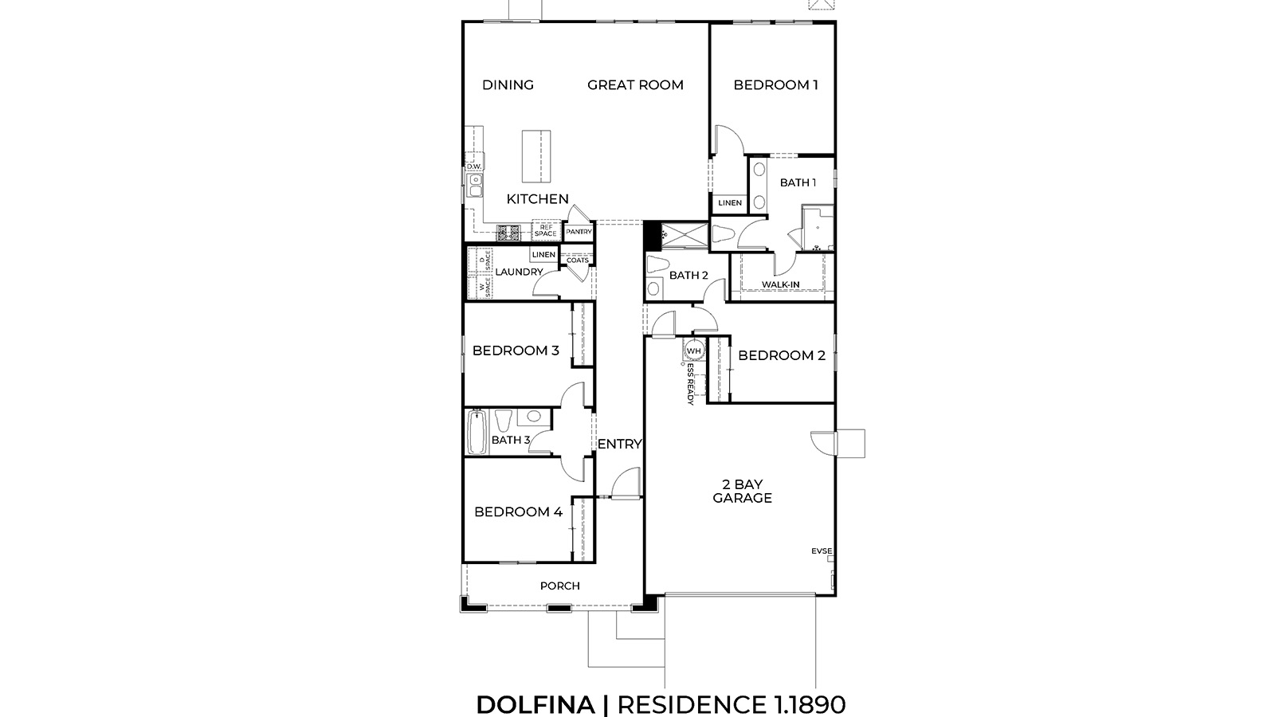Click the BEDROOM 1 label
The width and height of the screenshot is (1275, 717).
(x=775, y=85)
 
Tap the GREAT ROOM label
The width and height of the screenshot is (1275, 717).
(x=635, y=85)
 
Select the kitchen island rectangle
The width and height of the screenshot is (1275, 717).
(x=535, y=156)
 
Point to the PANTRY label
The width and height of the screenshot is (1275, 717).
(x=579, y=232)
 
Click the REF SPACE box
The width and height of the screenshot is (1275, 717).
(x=546, y=231)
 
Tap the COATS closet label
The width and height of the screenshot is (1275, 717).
(x=577, y=261)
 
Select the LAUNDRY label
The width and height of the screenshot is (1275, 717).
(x=519, y=272)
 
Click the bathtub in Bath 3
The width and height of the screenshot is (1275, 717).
(x=477, y=431)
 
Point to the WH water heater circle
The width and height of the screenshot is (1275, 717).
(x=693, y=351)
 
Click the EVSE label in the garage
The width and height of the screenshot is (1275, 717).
(x=822, y=550)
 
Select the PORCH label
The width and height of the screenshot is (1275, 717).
(x=559, y=586)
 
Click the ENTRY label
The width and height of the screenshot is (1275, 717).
(x=619, y=445)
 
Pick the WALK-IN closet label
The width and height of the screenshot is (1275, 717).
(x=780, y=284)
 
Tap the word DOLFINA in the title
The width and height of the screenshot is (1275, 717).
(x=535, y=705)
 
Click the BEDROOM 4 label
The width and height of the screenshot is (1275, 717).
(x=518, y=512)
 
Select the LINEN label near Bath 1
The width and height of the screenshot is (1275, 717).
(x=729, y=203)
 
